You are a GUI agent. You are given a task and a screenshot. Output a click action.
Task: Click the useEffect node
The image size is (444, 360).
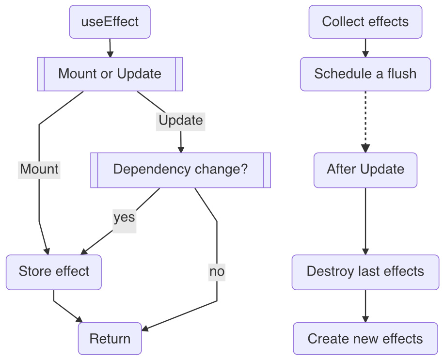point(110,22)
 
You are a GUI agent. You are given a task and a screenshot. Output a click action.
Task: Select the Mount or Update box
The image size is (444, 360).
point(110,74)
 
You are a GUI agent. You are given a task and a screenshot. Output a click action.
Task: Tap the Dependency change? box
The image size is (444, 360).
point(180,170)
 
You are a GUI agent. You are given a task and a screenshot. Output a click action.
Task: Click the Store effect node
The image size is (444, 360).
point(54,271)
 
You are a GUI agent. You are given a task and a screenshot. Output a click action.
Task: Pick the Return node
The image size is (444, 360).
point(110,339)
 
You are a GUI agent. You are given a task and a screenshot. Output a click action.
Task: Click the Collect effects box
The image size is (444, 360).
point(365,22)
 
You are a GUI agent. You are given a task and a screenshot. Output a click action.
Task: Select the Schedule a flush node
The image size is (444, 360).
point(365,74)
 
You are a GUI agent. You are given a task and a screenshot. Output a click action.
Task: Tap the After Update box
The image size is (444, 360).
point(365,170)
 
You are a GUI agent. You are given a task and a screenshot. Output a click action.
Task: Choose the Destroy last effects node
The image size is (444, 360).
point(365,271)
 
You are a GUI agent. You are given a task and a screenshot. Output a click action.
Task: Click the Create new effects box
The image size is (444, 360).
point(365,339)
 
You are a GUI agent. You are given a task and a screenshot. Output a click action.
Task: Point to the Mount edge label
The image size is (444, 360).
point(39,170)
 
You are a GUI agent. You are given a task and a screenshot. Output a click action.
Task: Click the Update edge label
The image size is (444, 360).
point(180,120)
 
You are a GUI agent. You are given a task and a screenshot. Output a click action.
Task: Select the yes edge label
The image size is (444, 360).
point(124,218)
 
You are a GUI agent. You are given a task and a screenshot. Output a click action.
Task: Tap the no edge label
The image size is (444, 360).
point(217,272)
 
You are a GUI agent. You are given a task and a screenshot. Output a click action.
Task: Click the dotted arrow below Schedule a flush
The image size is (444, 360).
point(365,121)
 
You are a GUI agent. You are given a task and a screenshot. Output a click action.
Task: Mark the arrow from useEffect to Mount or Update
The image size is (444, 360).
point(110,47)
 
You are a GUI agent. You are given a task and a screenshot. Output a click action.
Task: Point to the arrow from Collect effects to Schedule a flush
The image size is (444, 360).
point(365,47)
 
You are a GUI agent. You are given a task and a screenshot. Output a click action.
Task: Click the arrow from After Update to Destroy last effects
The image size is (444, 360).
point(365,220)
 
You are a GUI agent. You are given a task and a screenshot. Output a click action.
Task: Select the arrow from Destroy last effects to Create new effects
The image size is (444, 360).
point(365,306)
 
